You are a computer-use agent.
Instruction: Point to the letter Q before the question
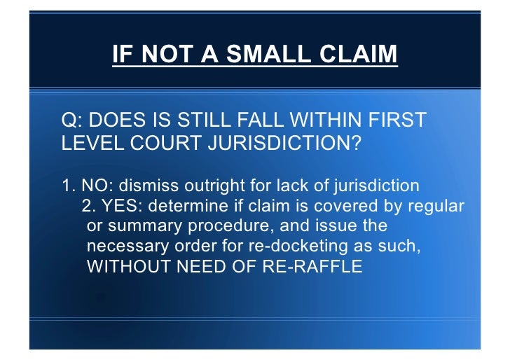coord(70,121)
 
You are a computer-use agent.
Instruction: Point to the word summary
coord(139,227)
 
